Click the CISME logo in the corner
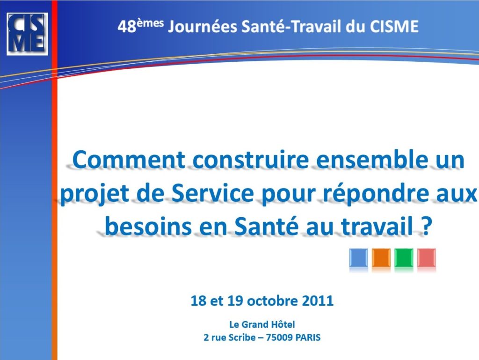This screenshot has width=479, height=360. [27, 34]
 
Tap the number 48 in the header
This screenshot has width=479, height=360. [127, 27]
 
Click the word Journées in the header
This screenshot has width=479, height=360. [203, 26]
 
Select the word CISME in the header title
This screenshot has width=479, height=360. [394, 26]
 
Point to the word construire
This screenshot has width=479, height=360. [251, 160]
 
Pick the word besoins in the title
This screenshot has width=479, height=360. [148, 227]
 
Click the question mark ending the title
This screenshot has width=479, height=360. [427, 226]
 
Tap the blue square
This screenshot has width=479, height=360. [359, 258]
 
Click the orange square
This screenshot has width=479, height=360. [381, 258]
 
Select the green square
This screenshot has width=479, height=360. [404, 258]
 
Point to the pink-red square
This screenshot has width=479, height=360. [427, 258]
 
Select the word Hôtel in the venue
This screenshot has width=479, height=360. [283, 324]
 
